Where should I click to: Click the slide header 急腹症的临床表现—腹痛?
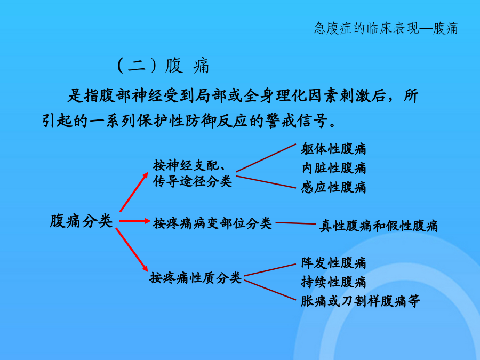[x=386, y=28]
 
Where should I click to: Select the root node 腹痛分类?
[x=82, y=221]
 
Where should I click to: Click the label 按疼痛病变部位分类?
[x=212, y=223]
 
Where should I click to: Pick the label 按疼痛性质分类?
[x=196, y=278]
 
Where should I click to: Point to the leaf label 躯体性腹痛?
[x=333, y=149]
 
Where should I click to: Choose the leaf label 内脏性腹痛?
[x=333, y=168]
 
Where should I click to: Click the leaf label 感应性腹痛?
[x=333, y=187]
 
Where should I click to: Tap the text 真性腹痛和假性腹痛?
[x=378, y=226]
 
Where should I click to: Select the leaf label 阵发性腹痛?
[x=333, y=262]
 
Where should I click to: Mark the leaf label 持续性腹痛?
[x=333, y=282]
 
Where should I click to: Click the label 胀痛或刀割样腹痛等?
[x=361, y=301]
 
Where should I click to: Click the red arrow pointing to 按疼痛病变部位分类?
[x=135, y=221]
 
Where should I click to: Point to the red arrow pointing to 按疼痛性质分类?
[x=132, y=250]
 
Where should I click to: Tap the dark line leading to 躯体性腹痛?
[x=266, y=158]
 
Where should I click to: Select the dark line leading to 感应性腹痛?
[x=266, y=182]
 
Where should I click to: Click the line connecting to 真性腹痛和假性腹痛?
[x=295, y=223]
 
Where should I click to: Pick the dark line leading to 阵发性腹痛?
[x=270, y=270]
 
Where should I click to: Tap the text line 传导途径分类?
[x=192, y=181]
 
